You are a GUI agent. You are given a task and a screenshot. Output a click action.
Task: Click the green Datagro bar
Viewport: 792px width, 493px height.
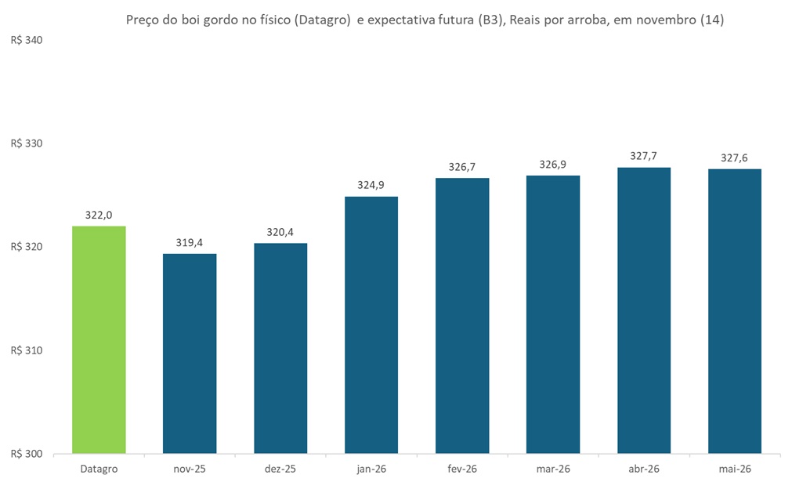point(99,339)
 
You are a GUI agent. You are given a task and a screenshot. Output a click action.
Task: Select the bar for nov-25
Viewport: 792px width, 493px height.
point(190,353)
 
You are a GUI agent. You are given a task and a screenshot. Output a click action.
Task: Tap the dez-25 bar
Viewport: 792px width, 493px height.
point(280,348)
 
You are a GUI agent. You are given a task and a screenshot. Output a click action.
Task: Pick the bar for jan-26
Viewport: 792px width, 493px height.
point(371,324)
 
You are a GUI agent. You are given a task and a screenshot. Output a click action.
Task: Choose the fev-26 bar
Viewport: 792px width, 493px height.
point(462,315)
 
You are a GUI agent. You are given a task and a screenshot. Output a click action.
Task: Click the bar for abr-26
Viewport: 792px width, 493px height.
point(644,310)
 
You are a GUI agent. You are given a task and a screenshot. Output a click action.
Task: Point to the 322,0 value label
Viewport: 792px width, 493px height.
point(99,215)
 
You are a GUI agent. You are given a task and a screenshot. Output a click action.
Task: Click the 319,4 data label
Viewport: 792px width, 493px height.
point(190,242)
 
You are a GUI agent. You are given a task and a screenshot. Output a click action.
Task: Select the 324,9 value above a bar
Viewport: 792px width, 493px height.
point(371,185)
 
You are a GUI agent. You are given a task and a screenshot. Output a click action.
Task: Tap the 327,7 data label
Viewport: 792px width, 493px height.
point(644,156)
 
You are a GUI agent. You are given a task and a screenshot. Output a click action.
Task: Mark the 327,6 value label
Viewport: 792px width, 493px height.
point(735,158)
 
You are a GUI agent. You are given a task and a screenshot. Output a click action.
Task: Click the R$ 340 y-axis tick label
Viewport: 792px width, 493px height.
point(26,40)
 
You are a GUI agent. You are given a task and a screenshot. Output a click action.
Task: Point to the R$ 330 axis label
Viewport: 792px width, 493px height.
point(26,143)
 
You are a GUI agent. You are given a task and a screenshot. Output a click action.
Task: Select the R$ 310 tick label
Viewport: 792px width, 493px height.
point(26,350)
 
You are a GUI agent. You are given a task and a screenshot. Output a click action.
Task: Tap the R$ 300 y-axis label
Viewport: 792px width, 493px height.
point(26,454)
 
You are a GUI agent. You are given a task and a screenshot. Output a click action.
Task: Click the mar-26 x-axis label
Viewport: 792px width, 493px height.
point(553,469)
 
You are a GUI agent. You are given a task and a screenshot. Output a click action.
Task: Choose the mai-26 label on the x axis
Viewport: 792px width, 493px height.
point(735,469)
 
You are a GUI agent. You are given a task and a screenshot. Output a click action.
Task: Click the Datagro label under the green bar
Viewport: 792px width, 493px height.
point(99,469)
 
